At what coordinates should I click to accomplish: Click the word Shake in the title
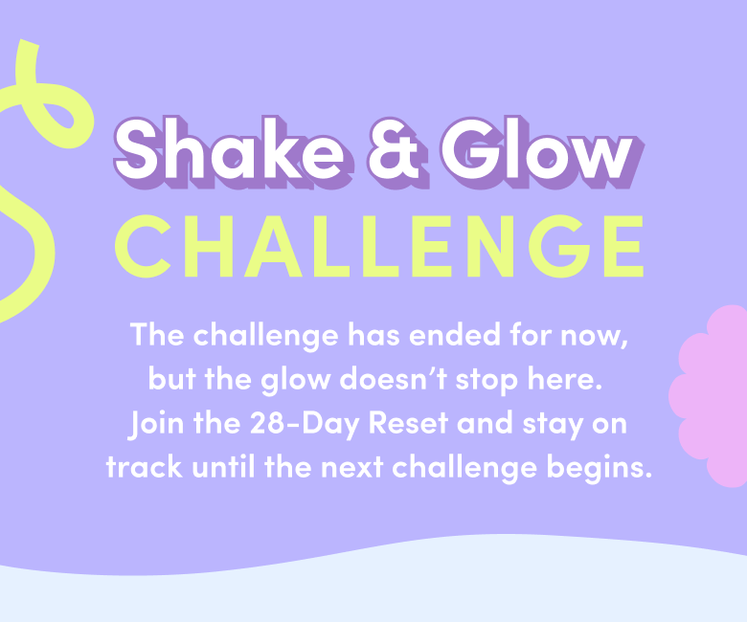(x=234, y=152)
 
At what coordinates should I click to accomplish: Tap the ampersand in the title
(x=398, y=152)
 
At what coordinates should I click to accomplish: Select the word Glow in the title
(x=542, y=152)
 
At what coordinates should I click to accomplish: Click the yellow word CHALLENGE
(x=379, y=246)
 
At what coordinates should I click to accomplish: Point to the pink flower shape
(x=710, y=396)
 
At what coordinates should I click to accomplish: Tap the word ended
(x=455, y=335)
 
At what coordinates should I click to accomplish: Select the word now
(x=594, y=337)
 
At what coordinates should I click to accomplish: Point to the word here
(x=564, y=379)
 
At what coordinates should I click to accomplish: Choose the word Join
(x=156, y=424)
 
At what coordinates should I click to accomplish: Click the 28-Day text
(x=304, y=424)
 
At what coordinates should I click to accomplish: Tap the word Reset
(x=408, y=423)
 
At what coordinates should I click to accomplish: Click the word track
(x=145, y=467)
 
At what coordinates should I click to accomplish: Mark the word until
(x=223, y=467)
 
